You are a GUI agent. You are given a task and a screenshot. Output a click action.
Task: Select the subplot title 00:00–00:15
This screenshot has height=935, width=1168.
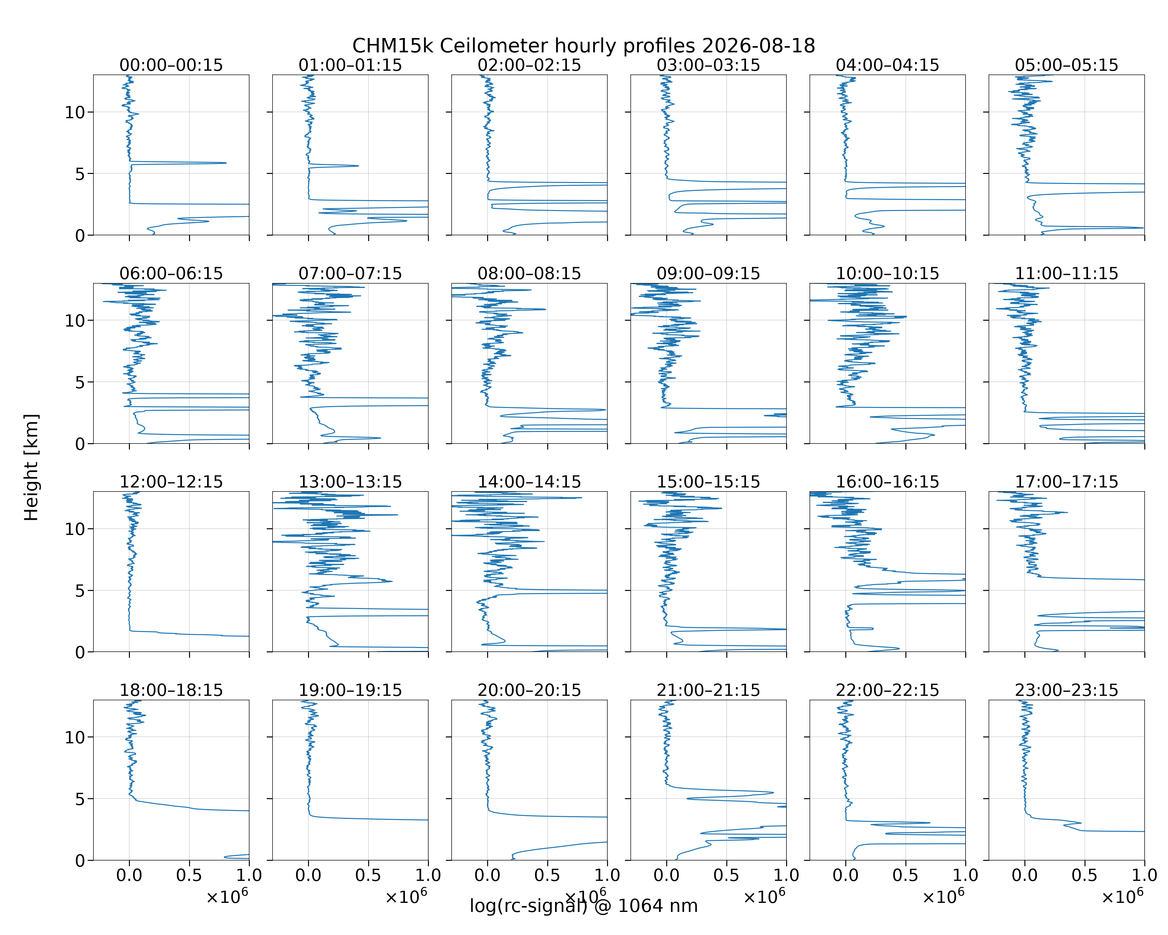[171, 65]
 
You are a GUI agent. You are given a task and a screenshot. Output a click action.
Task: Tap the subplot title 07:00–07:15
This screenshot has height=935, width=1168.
[350, 273]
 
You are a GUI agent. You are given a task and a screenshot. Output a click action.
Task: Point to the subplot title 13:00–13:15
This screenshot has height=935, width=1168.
[350, 482]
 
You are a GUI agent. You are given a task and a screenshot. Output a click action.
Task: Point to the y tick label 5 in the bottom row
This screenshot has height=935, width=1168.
[80, 799]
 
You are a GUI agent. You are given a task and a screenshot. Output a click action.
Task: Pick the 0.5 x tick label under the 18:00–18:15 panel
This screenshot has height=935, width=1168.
[189, 875]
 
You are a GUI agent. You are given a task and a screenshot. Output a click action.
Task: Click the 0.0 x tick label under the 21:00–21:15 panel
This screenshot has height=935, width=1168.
[666, 875]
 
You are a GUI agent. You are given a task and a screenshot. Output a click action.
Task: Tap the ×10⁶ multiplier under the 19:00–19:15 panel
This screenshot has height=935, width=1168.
[406, 897]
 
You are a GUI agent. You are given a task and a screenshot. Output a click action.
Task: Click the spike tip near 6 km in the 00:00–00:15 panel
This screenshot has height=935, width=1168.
[226, 163]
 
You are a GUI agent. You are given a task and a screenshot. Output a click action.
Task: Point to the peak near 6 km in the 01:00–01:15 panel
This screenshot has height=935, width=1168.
[358, 166]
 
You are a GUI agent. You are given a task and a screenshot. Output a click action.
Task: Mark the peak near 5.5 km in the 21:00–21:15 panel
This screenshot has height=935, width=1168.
[773, 793]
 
